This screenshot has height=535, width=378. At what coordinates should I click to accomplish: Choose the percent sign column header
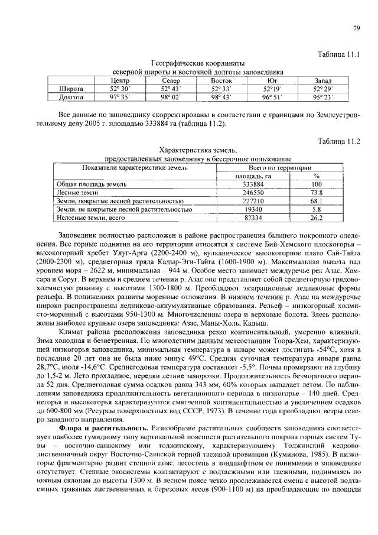coord(317,176)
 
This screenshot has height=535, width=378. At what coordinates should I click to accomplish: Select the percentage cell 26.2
coord(317,218)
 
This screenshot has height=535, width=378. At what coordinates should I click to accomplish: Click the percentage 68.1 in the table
coord(317,200)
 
